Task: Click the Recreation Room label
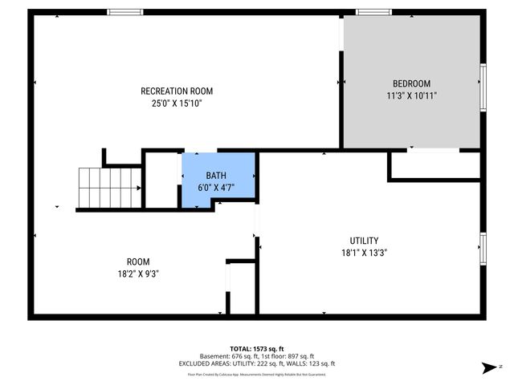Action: (177, 91)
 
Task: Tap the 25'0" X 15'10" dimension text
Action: (177, 103)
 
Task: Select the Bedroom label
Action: (411, 83)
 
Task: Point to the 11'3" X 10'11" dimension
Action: (411, 95)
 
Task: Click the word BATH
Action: (216, 176)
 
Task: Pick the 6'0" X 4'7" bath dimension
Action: (216, 188)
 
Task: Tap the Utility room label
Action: (364, 241)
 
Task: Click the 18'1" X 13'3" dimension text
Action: (364, 252)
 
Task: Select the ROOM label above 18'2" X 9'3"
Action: (138, 261)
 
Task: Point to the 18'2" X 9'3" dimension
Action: (138, 274)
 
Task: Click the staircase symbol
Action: (98, 188)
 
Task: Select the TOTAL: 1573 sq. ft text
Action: (256, 349)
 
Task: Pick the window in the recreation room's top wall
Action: (124, 12)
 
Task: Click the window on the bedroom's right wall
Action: (483, 87)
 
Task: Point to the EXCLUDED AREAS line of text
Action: (256, 363)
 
